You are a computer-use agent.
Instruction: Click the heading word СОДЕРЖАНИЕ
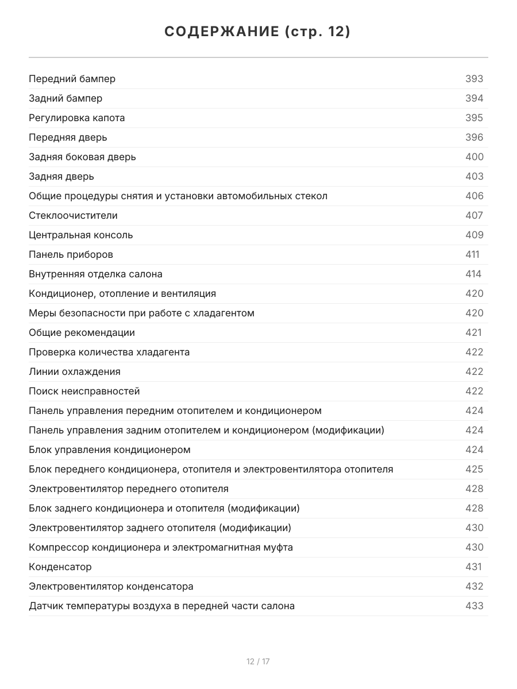(222, 32)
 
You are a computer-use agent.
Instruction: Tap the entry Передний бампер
(72, 79)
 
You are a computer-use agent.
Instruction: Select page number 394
(474, 98)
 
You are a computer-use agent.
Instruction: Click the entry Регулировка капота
(76, 118)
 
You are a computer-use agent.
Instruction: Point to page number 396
(474, 137)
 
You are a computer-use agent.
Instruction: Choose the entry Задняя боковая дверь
(82, 157)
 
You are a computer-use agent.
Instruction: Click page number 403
(474, 176)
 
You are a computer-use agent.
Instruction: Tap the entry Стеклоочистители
(73, 215)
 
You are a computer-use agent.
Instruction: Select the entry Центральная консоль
(80, 235)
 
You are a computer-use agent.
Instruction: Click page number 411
(472, 254)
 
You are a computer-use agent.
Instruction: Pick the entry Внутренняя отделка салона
(95, 274)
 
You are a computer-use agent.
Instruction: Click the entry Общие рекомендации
(82, 332)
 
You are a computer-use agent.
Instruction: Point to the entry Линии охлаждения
(75, 371)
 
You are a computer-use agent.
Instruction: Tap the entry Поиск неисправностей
(84, 391)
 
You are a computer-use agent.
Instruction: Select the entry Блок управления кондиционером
(109, 450)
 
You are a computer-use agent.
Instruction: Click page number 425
(474, 469)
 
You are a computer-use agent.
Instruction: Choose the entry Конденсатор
(60, 567)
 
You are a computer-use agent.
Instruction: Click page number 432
(474, 586)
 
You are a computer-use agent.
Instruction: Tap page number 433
(474, 606)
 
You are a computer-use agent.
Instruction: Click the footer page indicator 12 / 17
(258, 661)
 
